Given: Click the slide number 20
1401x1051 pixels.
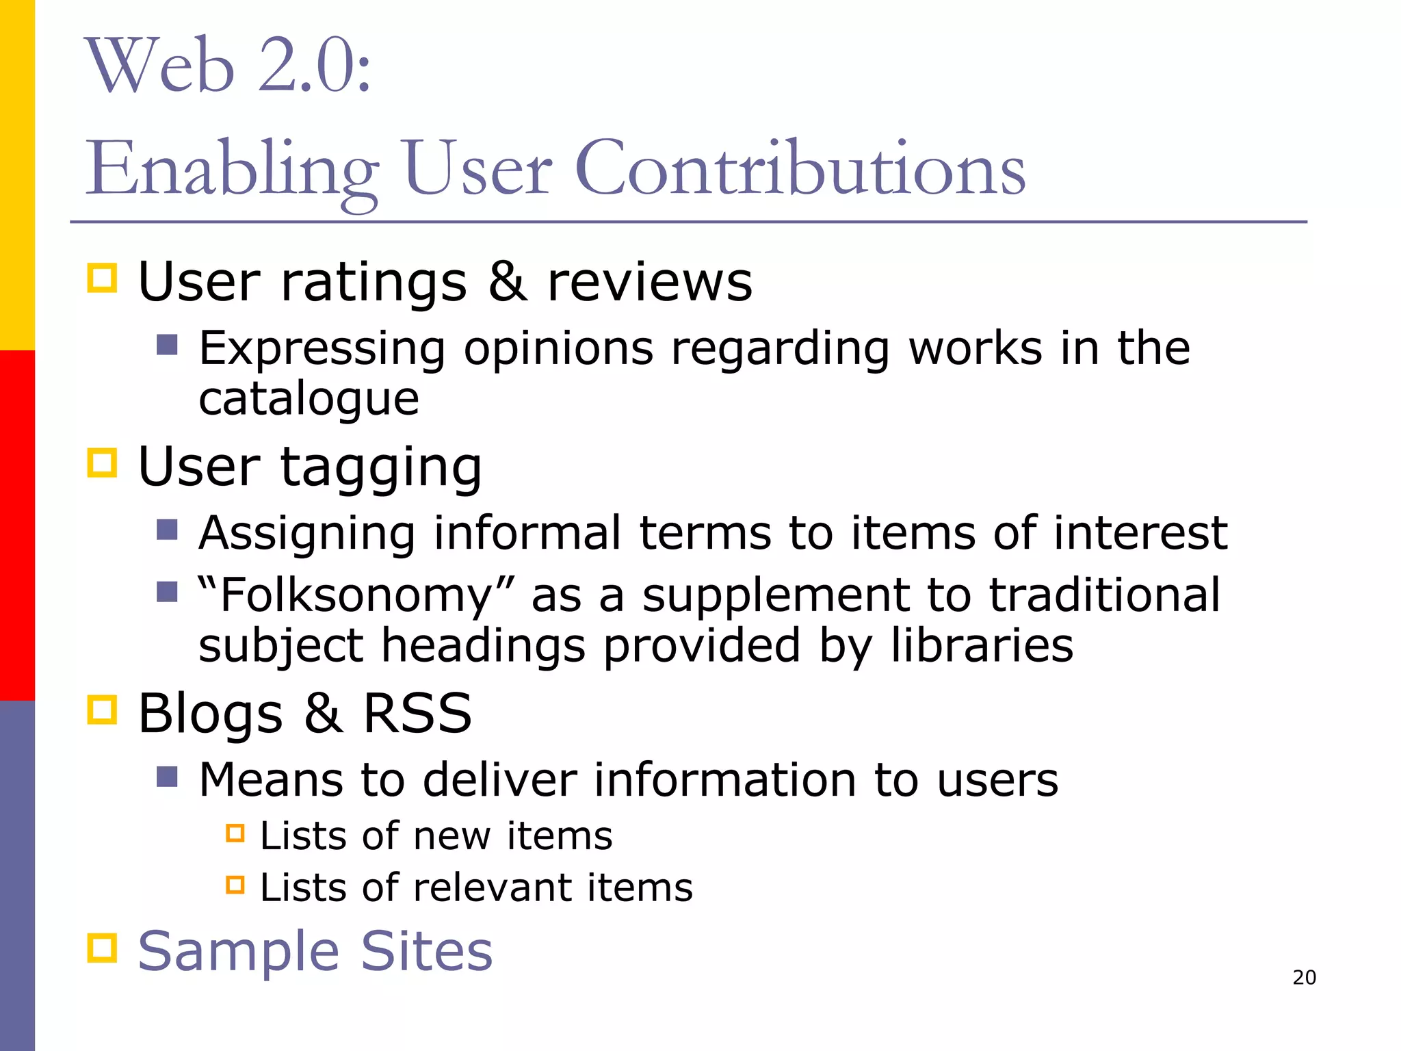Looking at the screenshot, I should coord(1304,977).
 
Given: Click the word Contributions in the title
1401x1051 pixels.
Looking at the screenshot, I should coord(800,168).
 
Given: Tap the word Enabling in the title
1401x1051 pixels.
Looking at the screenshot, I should coord(232,170).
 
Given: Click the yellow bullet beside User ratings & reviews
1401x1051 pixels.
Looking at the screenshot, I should coord(103,278).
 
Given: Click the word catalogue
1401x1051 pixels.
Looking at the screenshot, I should coord(309,400).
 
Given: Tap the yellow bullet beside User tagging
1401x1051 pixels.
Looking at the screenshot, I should coord(103,463).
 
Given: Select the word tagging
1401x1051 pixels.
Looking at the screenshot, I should coord(381,468).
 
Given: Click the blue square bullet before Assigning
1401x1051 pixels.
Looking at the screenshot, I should coord(167,530).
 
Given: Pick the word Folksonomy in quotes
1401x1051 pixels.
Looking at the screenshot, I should coord(356,595).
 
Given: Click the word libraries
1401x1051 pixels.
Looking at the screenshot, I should coord(982,645).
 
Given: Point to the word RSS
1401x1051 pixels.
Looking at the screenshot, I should coord(417,713).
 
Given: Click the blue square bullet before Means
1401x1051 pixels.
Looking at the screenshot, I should coord(167,777).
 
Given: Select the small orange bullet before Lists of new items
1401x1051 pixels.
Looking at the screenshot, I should coord(235,833).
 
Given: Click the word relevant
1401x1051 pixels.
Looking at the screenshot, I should coord(493,887).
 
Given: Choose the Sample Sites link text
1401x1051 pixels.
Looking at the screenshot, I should coord(315,950).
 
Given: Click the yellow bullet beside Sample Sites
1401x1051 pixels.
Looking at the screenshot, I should coord(103,948).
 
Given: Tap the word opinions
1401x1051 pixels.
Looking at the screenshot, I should coord(558,348).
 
